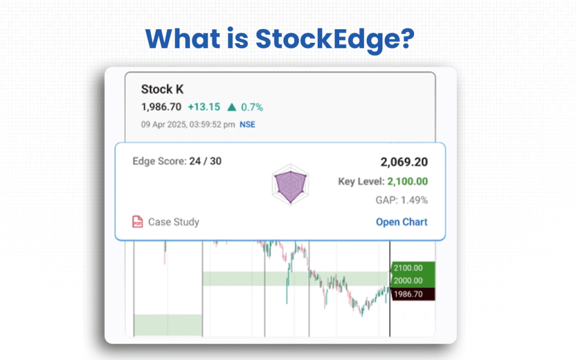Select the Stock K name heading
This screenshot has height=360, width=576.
point(162,89)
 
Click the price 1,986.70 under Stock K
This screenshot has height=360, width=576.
point(161,107)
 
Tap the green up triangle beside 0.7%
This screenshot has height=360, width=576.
point(231,107)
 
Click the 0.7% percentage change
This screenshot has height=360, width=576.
point(252,107)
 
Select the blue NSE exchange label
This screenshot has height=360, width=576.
point(247,124)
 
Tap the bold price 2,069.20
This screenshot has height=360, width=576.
point(404,163)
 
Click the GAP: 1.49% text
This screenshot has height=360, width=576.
point(401,200)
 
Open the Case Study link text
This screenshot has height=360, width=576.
point(173,222)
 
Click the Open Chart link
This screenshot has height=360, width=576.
point(402,222)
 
